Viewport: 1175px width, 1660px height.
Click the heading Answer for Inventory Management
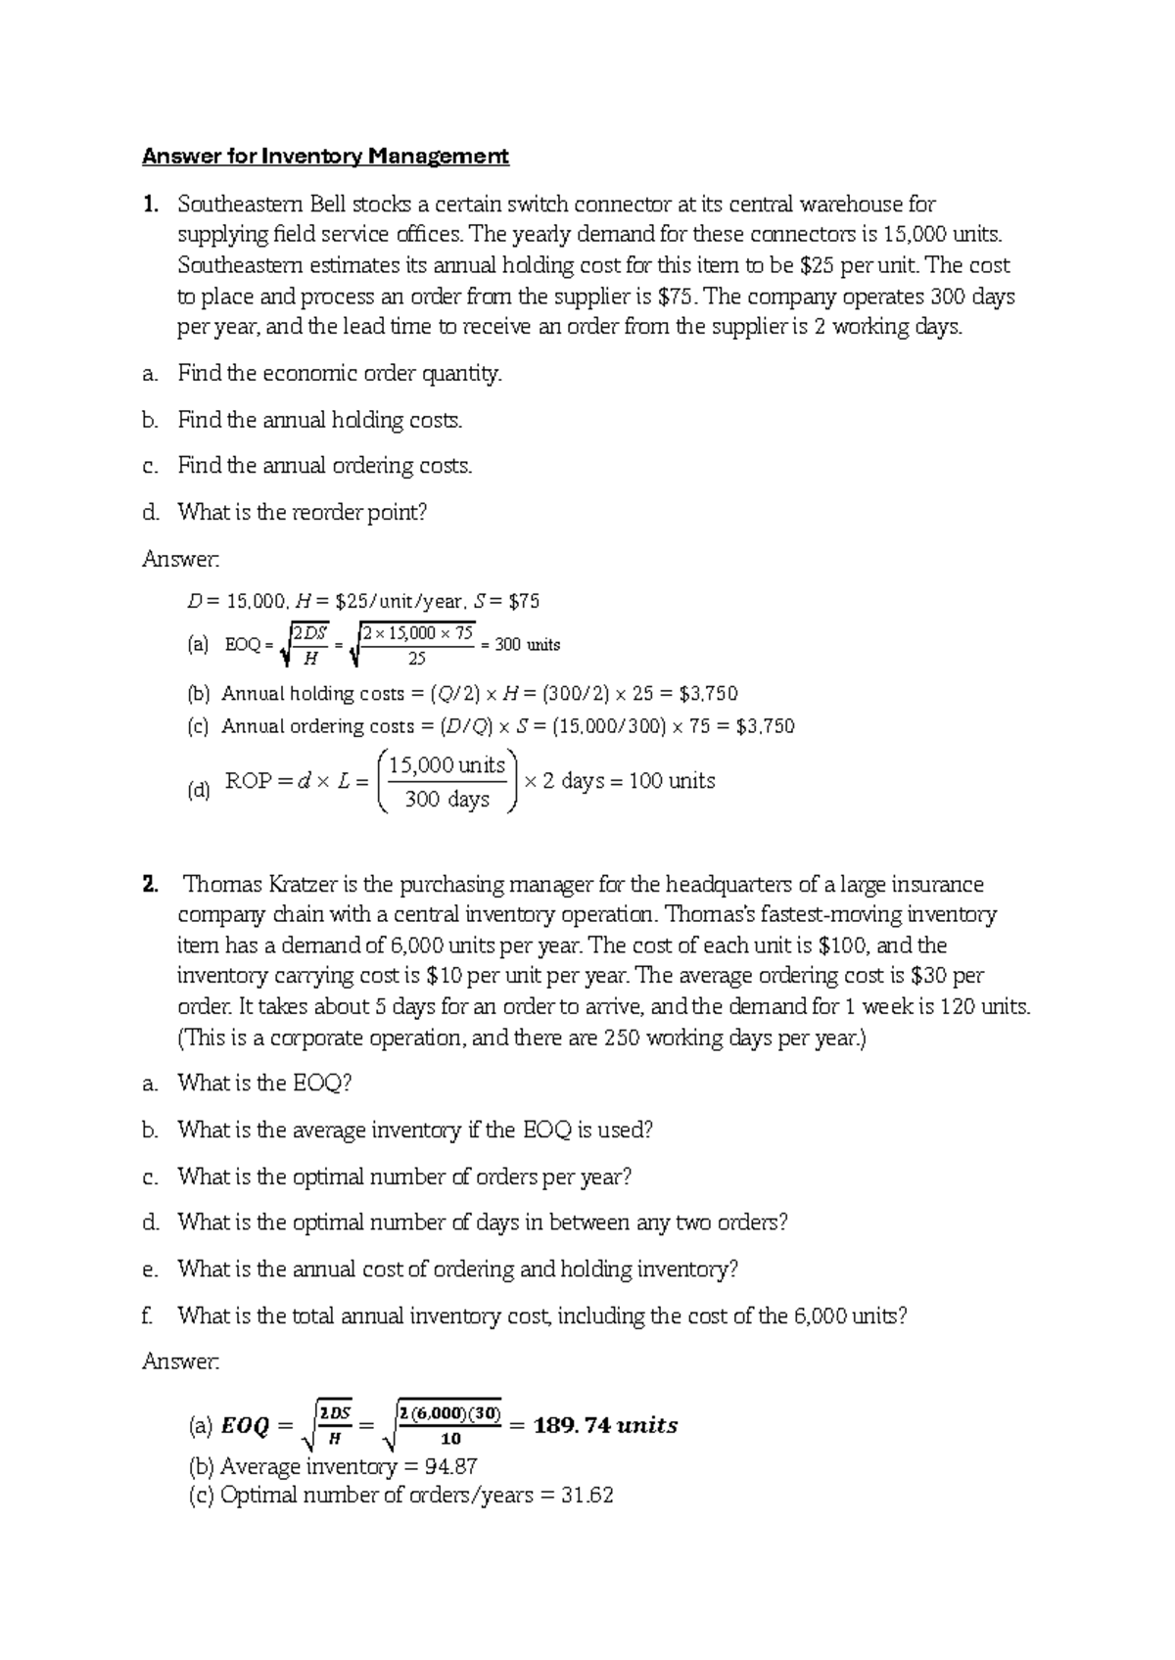pyautogui.click(x=325, y=157)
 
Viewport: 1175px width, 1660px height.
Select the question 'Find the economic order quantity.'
pyautogui.click(x=339, y=374)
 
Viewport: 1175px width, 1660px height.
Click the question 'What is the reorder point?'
pyautogui.click(x=302, y=513)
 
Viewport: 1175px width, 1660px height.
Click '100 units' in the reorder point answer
pyautogui.click(x=672, y=781)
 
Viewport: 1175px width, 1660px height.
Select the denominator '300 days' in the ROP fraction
pyautogui.click(x=446, y=800)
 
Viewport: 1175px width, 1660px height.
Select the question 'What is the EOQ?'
pyautogui.click(x=263, y=1084)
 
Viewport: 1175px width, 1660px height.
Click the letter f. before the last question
pyautogui.click(x=148, y=1316)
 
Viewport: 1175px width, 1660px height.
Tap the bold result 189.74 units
pyautogui.click(x=605, y=1426)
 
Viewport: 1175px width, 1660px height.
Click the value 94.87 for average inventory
pyautogui.click(x=449, y=1467)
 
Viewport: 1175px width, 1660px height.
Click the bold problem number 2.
pyautogui.click(x=149, y=885)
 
